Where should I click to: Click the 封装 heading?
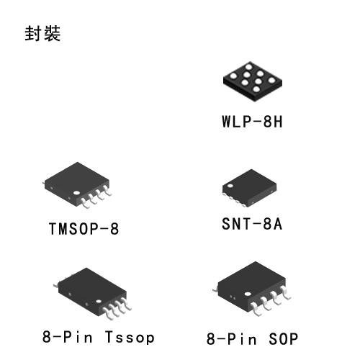click(x=42, y=33)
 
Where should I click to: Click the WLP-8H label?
click(x=252, y=122)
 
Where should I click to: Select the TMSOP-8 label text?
click(x=84, y=228)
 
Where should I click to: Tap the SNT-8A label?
click(x=252, y=224)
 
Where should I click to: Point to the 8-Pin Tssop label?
click(x=99, y=337)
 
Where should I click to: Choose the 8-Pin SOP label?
click(x=252, y=338)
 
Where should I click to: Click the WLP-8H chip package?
click(x=253, y=81)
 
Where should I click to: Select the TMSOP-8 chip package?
click(x=77, y=185)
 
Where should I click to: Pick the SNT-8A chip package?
click(x=249, y=188)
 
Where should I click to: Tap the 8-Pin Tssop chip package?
click(x=92, y=294)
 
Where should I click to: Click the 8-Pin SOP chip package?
click(x=252, y=289)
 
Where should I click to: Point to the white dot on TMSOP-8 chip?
click(x=76, y=193)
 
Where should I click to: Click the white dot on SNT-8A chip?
click(x=230, y=186)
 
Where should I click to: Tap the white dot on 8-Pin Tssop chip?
click(x=99, y=301)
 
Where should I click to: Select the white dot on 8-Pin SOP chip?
click(x=248, y=294)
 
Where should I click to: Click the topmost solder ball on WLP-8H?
click(x=249, y=66)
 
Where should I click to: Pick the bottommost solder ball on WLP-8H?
click(x=256, y=89)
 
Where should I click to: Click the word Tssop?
click(x=130, y=338)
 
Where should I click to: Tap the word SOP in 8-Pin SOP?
click(x=283, y=339)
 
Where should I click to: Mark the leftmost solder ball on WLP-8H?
click(x=233, y=76)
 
